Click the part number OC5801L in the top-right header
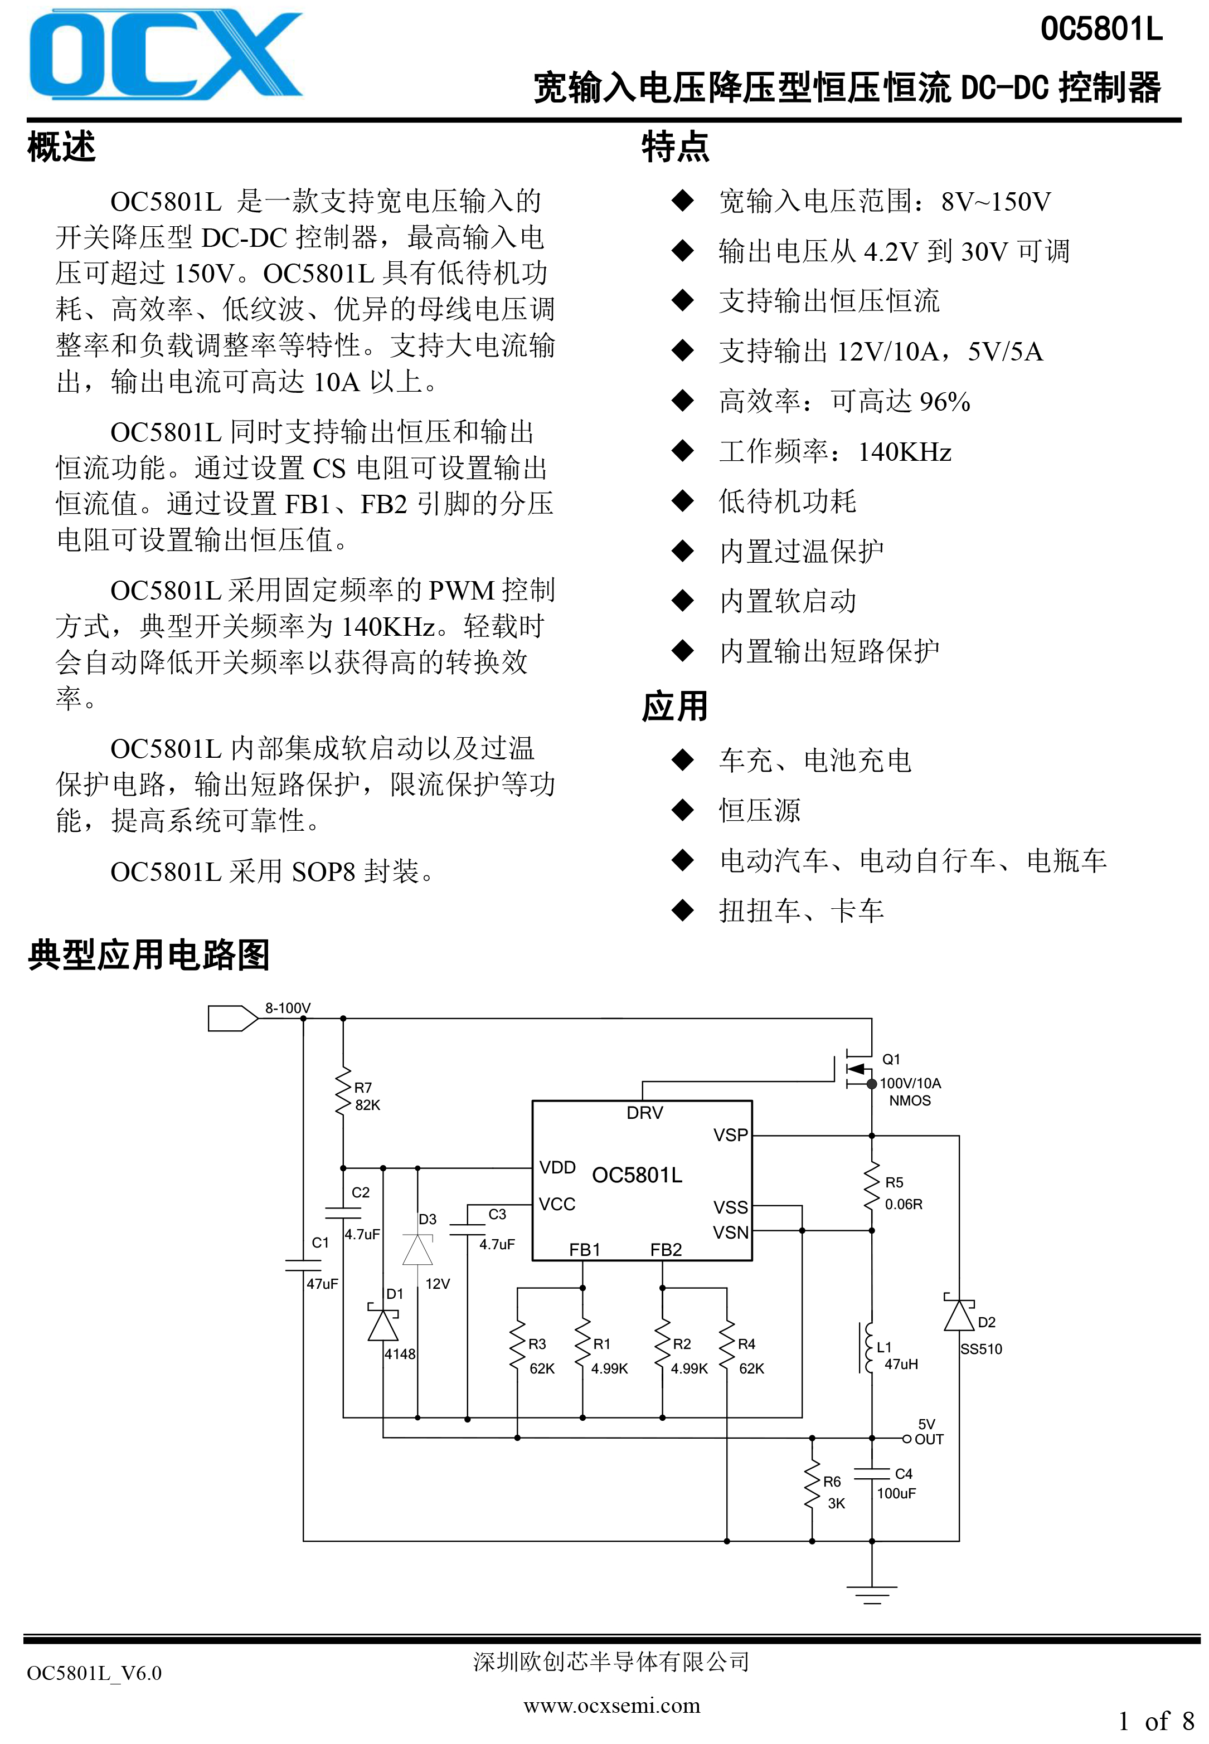pos(1101,30)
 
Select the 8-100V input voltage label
pos(288,1008)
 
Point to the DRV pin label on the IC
pos(645,1113)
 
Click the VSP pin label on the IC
pos(730,1135)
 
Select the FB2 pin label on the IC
pos(666,1250)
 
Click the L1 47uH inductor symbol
pos(868,1347)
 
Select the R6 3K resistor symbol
pos(812,1489)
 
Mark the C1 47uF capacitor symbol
pos(303,1265)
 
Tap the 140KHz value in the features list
pos(905,451)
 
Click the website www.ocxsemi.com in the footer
pos(612,1706)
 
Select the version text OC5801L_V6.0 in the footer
pos(94,1673)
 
